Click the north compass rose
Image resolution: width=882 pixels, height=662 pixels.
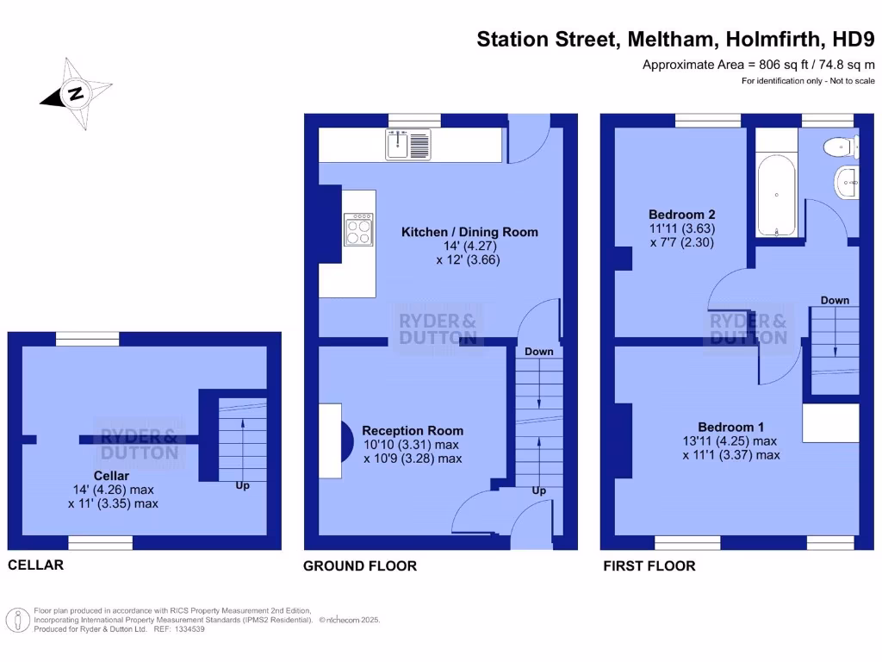[x=76, y=94]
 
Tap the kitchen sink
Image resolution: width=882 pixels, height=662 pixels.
[x=407, y=143]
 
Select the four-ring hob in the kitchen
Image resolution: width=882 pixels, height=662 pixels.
[x=358, y=229]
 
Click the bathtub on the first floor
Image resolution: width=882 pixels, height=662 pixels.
[x=777, y=195]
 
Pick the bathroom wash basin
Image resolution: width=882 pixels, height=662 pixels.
[x=847, y=182]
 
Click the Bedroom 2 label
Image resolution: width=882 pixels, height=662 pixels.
[x=681, y=215]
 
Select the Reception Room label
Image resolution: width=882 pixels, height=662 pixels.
[x=412, y=431]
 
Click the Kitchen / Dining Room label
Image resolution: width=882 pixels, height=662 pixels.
[x=469, y=232]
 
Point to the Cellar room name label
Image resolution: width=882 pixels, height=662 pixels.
[x=112, y=476]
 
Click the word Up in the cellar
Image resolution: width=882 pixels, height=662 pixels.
[x=243, y=486]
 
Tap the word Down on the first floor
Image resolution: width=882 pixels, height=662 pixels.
[x=835, y=300]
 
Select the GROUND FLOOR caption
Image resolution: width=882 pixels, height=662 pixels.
[x=360, y=566]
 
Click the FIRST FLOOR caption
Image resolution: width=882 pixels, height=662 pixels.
[x=649, y=566]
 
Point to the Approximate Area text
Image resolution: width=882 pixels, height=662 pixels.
[x=759, y=65]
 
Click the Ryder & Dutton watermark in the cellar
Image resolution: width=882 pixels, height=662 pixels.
[x=140, y=444]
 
